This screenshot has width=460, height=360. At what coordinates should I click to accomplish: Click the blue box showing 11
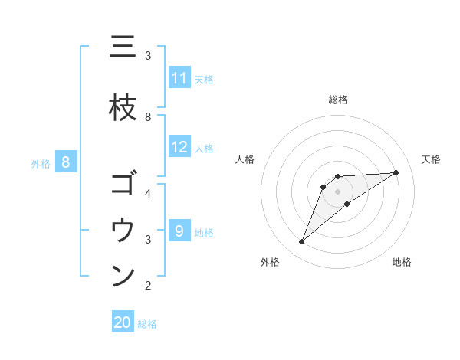pos(179,78)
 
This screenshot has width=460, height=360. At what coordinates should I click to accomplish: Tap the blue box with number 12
pos(179,148)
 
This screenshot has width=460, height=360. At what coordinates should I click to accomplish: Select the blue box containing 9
pos(179,231)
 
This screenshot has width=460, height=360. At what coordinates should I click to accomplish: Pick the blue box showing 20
pos(123,322)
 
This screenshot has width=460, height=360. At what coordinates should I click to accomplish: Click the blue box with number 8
pos(66,162)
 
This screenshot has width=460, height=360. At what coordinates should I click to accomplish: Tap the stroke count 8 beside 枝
pos(148,117)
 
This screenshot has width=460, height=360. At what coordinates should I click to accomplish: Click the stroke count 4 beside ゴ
pos(148,193)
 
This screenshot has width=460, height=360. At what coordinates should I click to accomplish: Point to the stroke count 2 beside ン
pos(148,286)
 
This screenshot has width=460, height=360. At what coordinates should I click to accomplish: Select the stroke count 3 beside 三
pos(148,55)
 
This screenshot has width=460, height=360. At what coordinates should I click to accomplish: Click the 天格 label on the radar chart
pos(432,159)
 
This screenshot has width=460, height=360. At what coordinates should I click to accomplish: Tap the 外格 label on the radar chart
pos(270,262)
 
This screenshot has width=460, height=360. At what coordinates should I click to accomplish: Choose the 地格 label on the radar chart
pos(402,262)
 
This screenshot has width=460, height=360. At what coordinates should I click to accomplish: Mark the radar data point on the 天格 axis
pos(396,172)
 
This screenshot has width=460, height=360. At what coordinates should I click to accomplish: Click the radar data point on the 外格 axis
pos(301,242)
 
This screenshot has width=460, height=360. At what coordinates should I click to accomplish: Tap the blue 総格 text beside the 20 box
pos(147,324)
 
